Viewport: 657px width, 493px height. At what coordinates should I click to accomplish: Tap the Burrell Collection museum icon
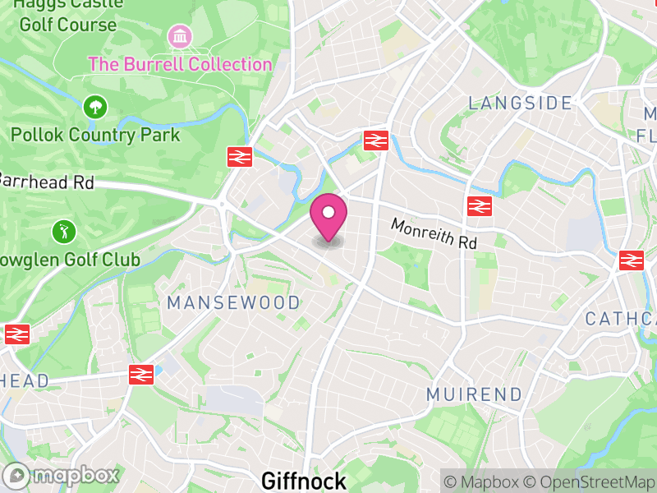(x=179, y=36)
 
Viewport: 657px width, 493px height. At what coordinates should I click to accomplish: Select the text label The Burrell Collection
(x=180, y=64)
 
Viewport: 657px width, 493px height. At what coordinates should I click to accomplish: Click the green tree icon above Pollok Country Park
(x=95, y=106)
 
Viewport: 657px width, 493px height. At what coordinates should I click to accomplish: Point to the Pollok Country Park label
(x=95, y=134)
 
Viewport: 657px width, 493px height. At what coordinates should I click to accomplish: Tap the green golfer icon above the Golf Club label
(x=62, y=232)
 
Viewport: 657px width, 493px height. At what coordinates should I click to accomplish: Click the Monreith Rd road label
(x=434, y=233)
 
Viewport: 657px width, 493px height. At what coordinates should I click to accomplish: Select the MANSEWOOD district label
(x=234, y=303)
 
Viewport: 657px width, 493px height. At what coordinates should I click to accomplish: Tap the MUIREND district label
(x=475, y=394)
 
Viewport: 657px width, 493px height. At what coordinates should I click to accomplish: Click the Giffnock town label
(x=304, y=480)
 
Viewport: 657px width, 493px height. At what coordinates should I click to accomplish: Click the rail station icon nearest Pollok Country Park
(x=239, y=156)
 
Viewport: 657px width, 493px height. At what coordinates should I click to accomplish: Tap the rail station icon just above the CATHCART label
(x=631, y=260)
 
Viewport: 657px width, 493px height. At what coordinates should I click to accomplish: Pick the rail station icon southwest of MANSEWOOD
(x=141, y=375)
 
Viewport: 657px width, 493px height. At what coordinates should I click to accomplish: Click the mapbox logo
(x=62, y=475)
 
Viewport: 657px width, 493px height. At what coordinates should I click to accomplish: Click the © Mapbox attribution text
(x=483, y=482)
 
